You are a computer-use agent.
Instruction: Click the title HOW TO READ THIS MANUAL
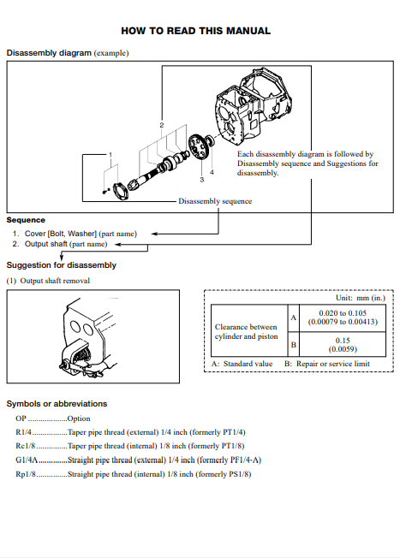pyautogui.click(x=195, y=31)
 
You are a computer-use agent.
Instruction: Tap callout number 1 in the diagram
pyautogui.click(x=110, y=155)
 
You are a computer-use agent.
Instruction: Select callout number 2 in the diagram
pyautogui.click(x=162, y=125)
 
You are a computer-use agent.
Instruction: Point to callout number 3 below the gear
pyautogui.click(x=202, y=180)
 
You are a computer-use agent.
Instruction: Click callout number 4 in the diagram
pyautogui.click(x=212, y=172)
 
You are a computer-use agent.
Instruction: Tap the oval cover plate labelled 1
pyautogui.click(x=121, y=192)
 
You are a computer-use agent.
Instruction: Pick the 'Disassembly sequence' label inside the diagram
pyautogui.click(x=215, y=201)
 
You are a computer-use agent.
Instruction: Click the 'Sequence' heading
pyautogui.click(x=26, y=220)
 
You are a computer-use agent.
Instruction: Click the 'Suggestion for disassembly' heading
pyautogui.click(x=62, y=265)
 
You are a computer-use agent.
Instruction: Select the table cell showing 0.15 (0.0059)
pyautogui.click(x=343, y=345)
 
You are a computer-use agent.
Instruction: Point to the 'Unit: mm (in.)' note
pyautogui.click(x=361, y=298)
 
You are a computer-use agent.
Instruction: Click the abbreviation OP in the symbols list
pyautogui.click(x=21, y=418)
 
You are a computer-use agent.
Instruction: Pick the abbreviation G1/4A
pyautogui.click(x=27, y=460)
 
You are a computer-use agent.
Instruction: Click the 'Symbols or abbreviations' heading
pyautogui.click(x=57, y=404)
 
